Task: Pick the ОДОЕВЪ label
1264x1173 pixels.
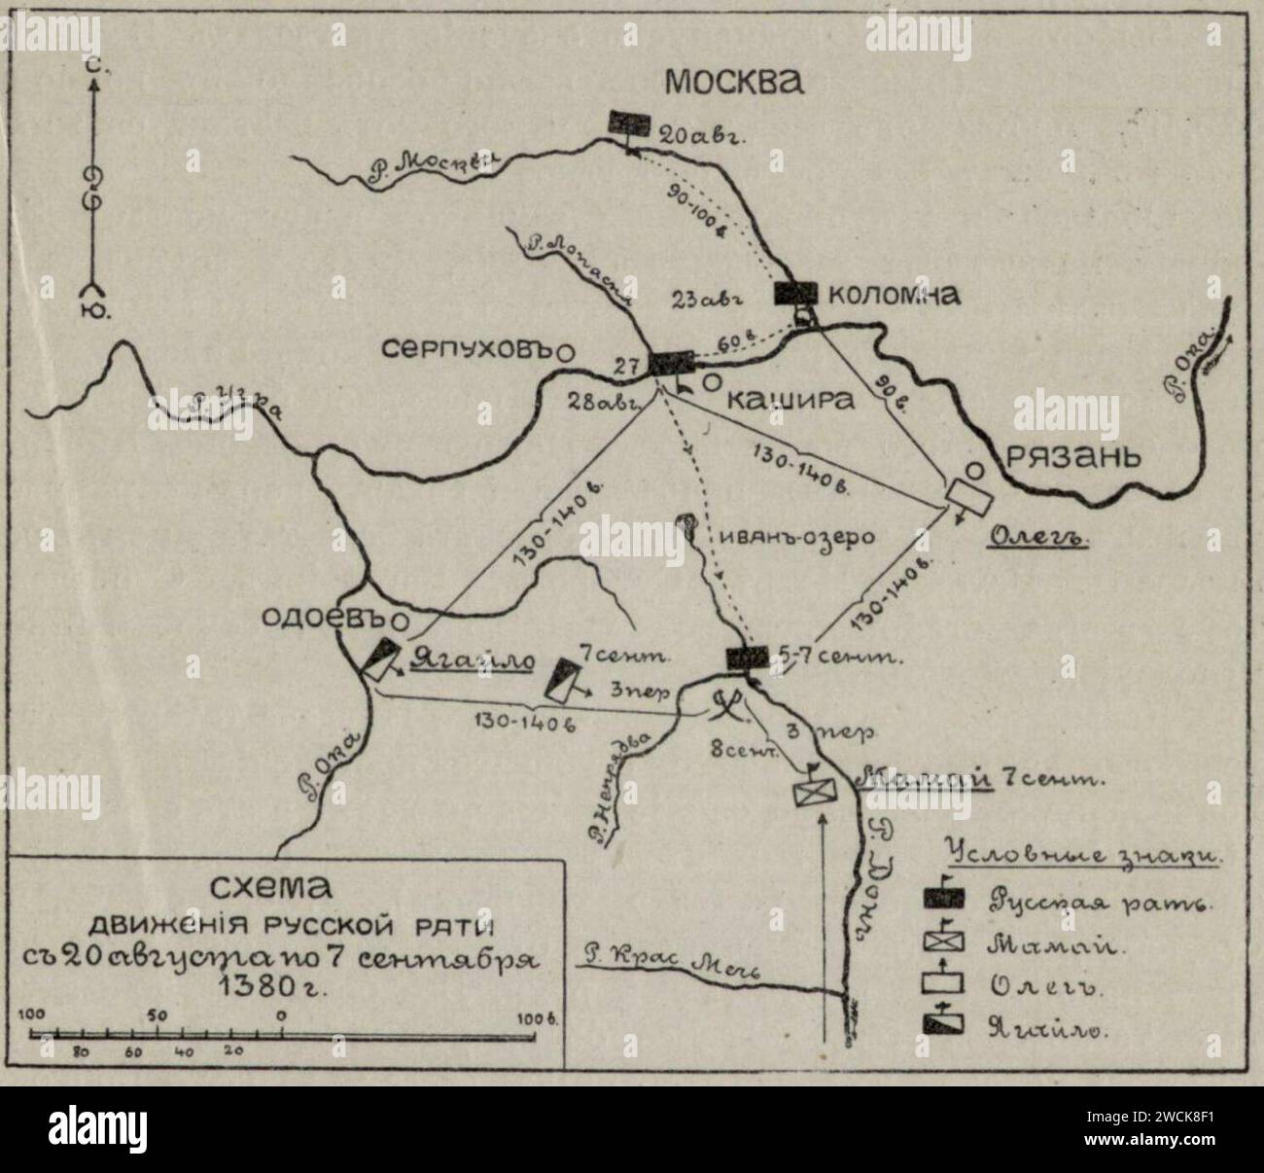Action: pyautogui.click(x=331, y=619)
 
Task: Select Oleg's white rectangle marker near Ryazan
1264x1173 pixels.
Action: pyautogui.click(x=969, y=494)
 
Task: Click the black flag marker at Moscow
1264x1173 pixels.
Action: pyautogui.click(x=629, y=123)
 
